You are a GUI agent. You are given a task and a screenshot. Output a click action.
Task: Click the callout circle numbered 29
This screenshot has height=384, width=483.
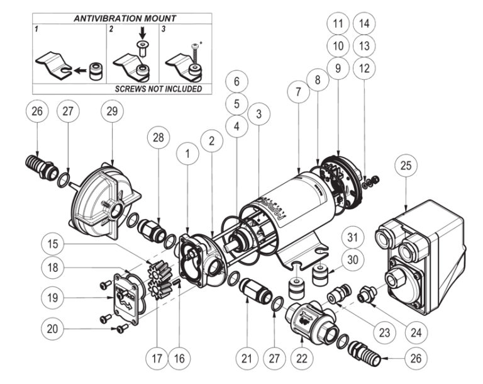click(x=112, y=112)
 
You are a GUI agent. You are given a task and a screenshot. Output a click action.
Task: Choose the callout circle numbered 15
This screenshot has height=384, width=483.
click(x=54, y=243)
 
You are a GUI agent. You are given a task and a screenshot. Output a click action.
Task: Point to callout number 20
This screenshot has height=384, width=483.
click(x=54, y=328)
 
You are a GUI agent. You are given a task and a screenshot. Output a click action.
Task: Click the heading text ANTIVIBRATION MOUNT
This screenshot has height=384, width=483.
click(x=121, y=18)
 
